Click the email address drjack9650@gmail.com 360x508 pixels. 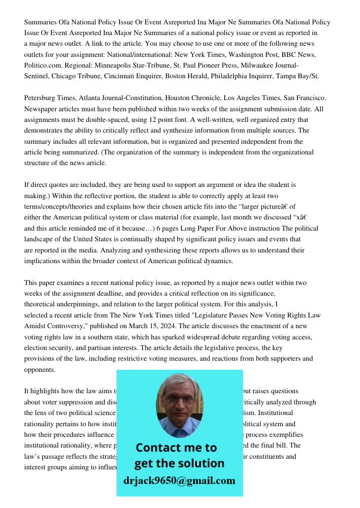click(179, 480)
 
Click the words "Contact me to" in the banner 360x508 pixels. click(176, 448)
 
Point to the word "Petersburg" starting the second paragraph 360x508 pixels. click(42, 98)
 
